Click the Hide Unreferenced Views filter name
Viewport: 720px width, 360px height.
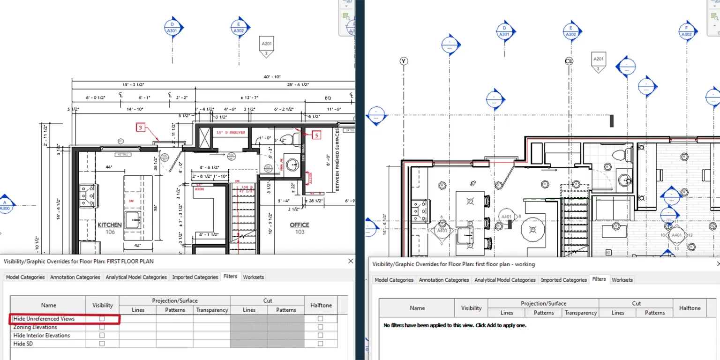(44, 319)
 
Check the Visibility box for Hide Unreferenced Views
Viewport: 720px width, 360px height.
(102, 319)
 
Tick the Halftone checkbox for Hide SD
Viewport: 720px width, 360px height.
(320, 344)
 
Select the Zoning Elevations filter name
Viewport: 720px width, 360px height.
(35, 327)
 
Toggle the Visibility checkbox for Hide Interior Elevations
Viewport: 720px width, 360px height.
(102, 336)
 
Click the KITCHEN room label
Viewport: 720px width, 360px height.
(110, 225)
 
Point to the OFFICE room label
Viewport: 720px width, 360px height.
(300, 225)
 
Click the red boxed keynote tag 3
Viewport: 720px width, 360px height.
(140, 127)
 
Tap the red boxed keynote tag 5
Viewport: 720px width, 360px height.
(316, 135)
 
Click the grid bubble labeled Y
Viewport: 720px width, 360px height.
(404, 61)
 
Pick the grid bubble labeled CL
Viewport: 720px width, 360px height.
(569, 61)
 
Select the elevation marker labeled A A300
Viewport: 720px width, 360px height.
(6, 205)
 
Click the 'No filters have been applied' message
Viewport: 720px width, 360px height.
(455, 325)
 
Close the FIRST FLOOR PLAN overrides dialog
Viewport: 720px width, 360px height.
(350, 261)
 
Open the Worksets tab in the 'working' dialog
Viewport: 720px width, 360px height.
(622, 280)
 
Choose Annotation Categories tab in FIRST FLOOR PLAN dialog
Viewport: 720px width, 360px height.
(75, 277)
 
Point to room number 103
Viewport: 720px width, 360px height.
(300, 232)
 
